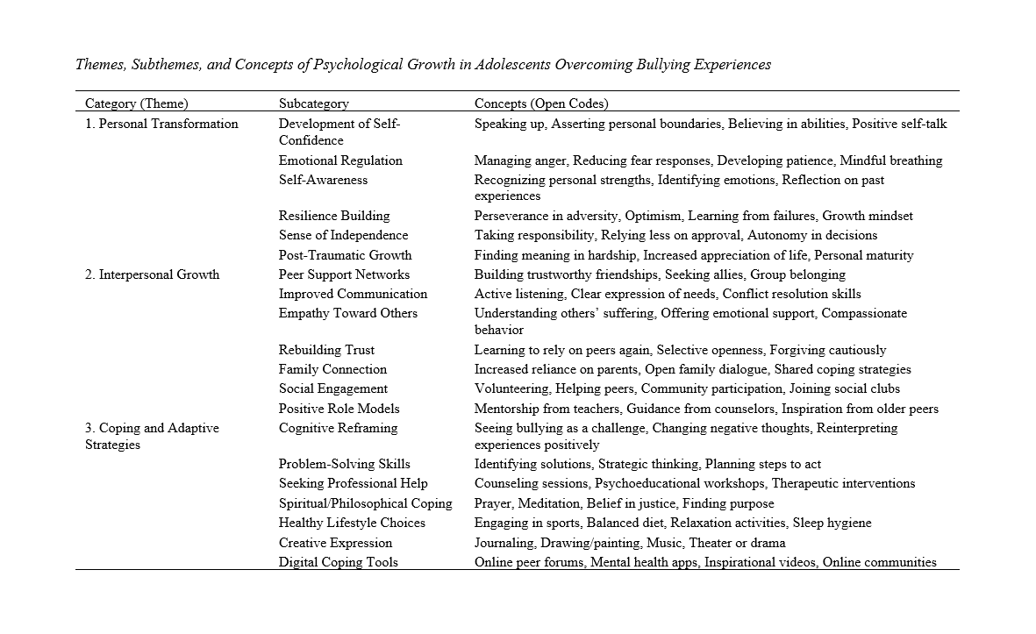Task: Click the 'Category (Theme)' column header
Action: click(x=136, y=103)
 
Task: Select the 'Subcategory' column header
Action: click(x=313, y=103)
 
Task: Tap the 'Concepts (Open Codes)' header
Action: click(x=541, y=103)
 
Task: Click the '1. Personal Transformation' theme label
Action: click(x=161, y=124)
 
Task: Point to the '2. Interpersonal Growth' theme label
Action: click(x=152, y=274)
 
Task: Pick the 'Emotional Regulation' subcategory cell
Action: click(x=340, y=160)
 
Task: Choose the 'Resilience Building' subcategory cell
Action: click(x=334, y=216)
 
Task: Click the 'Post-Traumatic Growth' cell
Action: click(x=345, y=255)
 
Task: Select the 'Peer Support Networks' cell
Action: click(x=344, y=274)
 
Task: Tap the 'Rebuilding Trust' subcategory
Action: click(x=326, y=350)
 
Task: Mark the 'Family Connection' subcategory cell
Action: click(x=332, y=369)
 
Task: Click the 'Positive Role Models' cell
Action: click(x=339, y=409)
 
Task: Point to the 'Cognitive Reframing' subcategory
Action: click(x=338, y=428)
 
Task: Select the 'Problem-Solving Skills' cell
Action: click(x=344, y=464)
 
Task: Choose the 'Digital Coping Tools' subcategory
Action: click(x=338, y=562)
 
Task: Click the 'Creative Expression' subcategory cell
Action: click(x=335, y=543)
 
